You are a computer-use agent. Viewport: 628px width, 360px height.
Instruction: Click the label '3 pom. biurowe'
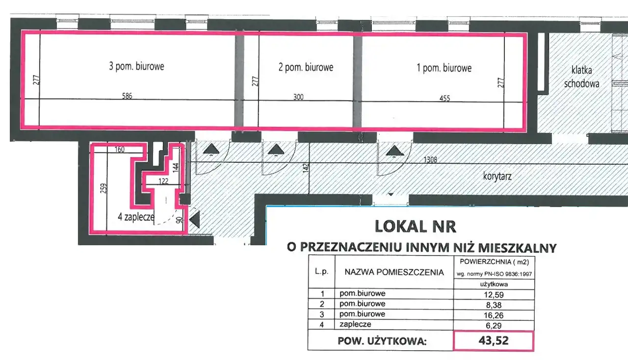click(x=136, y=66)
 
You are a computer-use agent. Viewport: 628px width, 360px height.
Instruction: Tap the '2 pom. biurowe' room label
click(x=306, y=67)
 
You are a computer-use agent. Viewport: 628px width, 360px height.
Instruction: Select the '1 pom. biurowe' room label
click(x=444, y=68)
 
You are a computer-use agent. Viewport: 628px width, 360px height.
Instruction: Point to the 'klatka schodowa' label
click(x=582, y=77)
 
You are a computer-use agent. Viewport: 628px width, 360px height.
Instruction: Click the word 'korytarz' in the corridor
click(x=497, y=177)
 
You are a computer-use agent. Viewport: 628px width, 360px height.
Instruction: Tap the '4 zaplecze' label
click(x=136, y=217)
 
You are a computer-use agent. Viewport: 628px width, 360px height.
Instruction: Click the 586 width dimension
click(x=127, y=96)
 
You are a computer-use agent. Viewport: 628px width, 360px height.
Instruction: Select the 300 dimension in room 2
click(x=298, y=97)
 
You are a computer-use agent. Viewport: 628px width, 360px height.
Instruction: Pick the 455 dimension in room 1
click(x=445, y=98)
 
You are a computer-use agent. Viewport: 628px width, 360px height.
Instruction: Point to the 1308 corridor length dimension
click(x=430, y=159)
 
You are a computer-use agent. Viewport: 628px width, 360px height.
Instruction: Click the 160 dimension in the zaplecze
click(x=120, y=150)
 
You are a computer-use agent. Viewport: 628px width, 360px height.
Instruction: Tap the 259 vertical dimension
click(x=104, y=188)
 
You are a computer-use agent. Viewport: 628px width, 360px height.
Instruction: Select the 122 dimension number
click(x=163, y=181)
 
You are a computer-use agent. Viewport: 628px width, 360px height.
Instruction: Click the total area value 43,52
click(x=494, y=341)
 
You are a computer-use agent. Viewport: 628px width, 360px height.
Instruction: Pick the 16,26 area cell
click(x=494, y=315)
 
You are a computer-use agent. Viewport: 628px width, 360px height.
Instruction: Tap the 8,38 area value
click(x=494, y=305)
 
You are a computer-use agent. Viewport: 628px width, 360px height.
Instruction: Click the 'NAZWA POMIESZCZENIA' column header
click(x=394, y=272)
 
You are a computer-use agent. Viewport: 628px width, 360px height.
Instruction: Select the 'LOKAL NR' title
click(x=416, y=227)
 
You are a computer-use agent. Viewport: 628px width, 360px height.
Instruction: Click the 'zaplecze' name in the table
click(x=355, y=324)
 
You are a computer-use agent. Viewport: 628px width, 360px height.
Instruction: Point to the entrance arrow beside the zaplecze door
click(x=195, y=220)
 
